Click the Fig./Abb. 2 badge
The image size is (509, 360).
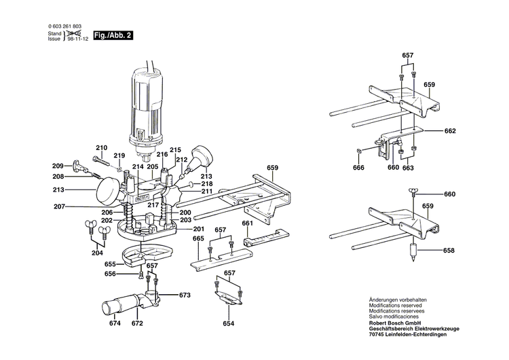coord(113,35)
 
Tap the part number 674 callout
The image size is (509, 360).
coord(115,323)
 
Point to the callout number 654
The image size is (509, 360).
coord(229,323)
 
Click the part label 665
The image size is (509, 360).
coord(198,239)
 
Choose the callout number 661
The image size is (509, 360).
coord(248,223)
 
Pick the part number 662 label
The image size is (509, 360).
coord(450,131)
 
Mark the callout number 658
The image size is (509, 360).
coord(449,251)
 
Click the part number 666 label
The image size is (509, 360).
coord(358,168)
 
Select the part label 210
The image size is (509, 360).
coord(101,148)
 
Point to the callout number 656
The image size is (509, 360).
coord(110,274)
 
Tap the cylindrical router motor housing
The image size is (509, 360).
coord(147,102)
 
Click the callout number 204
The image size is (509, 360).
coord(98,253)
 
